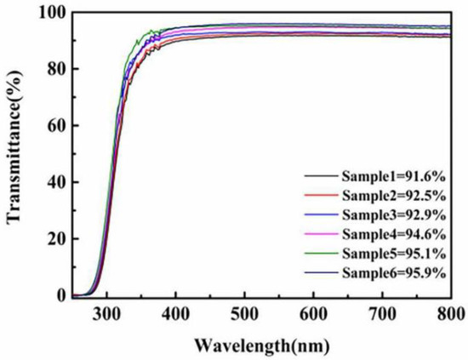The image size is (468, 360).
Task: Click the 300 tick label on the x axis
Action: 106,315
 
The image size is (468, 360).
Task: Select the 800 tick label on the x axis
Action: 450,315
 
